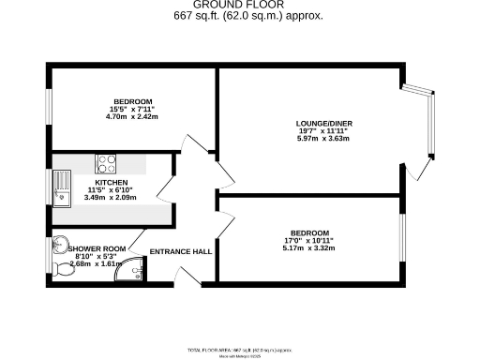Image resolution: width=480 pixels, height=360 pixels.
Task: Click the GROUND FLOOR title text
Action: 239,6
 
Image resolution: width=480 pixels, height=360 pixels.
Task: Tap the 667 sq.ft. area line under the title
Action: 239,16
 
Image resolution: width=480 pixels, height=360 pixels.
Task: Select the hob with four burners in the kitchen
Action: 105,163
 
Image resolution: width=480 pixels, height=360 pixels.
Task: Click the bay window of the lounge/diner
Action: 430,123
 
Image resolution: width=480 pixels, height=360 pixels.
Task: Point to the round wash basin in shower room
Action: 63,242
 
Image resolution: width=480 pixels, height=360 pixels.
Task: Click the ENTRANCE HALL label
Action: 181,252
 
